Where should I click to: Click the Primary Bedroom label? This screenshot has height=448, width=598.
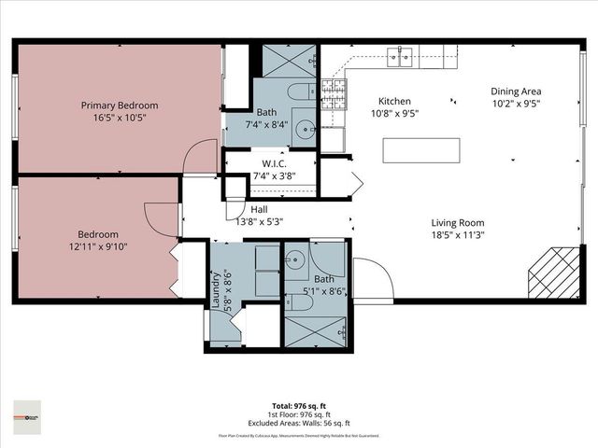119,105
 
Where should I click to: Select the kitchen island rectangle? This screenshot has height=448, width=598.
421,150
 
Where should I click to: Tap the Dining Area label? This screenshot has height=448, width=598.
516,91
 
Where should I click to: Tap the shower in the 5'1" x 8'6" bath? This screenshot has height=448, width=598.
314,330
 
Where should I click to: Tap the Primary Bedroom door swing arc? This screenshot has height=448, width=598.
199,158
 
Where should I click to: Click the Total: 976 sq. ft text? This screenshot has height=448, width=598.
299,406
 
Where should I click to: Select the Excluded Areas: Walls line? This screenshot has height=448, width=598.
299,423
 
